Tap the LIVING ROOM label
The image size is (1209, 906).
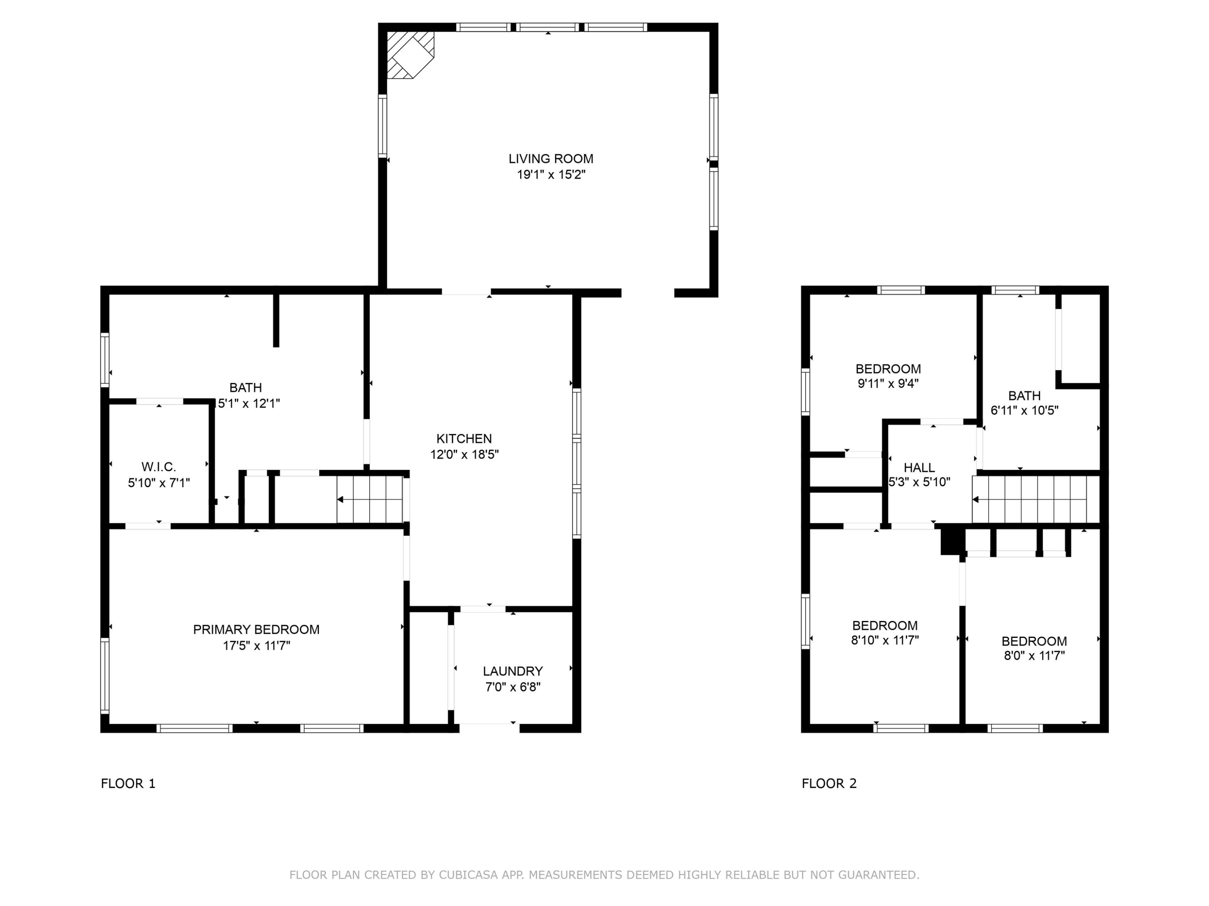(551, 159)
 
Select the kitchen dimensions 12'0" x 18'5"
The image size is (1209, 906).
(464, 454)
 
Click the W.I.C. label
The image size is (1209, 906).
(158, 467)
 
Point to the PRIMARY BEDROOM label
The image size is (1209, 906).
(256, 630)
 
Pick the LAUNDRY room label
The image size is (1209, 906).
(513, 671)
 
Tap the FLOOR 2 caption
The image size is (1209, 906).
(829, 784)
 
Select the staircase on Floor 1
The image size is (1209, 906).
(370, 499)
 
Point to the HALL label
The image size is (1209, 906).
(919, 467)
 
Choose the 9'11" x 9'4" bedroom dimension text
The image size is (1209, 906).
(888, 383)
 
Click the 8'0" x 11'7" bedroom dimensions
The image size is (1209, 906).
(1034, 655)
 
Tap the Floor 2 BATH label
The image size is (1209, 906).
(1024, 395)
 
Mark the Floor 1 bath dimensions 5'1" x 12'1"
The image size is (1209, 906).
(249, 403)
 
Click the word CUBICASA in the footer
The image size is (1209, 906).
(468, 875)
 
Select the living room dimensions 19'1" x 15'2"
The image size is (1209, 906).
(551, 175)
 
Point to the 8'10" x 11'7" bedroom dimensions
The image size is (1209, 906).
(885, 640)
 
